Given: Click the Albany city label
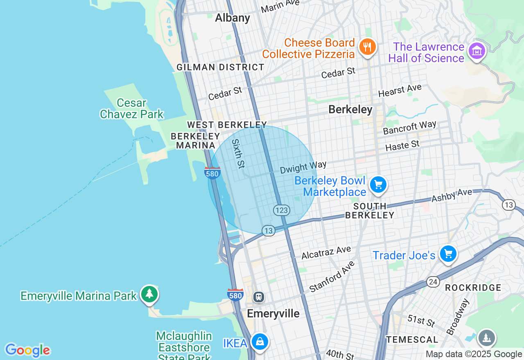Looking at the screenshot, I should tap(232, 18).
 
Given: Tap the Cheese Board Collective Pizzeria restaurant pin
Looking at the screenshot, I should tap(367, 47).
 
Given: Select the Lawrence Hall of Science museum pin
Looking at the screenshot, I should tap(477, 52).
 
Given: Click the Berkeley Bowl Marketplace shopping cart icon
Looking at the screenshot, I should tap(378, 185).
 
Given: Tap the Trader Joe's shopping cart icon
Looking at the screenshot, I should tap(448, 254).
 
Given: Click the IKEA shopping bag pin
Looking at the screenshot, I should tap(260, 342).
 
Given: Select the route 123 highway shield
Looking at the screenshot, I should tap(282, 210).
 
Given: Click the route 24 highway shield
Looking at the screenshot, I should tap(433, 281).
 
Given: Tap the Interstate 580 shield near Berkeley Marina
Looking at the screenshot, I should tap(212, 173).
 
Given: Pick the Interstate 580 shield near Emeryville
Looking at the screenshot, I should tap(235, 295).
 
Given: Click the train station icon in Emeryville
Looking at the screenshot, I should tap(258, 297).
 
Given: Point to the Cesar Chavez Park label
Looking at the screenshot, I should tap(131, 108).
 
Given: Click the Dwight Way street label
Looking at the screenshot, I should tap(303, 167).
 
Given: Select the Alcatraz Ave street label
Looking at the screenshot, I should tap(326, 252).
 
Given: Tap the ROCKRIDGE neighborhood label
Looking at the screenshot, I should tap(473, 288).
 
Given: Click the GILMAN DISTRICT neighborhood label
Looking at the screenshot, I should tap(220, 67).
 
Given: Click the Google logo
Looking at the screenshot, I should tap(27, 350).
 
